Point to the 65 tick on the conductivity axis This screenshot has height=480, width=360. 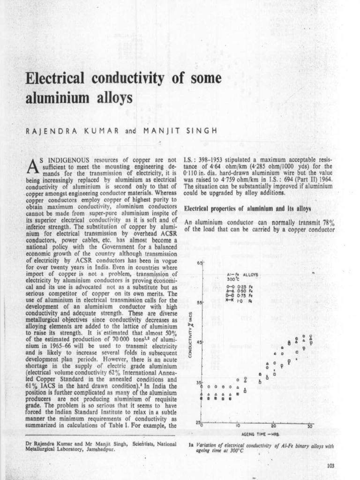pyautogui.click(x=198, y=263)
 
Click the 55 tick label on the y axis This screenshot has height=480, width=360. pyautogui.click(x=198, y=303)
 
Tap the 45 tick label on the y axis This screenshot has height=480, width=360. pyautogui.click(x=198, y=343)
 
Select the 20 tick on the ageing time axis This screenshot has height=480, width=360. pyautogui.click(x=273, y=426)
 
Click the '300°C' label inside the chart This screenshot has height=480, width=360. pyautogui.click(x=231, y=279)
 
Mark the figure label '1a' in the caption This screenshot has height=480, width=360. pyautogui.click(x=191, y=446)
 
